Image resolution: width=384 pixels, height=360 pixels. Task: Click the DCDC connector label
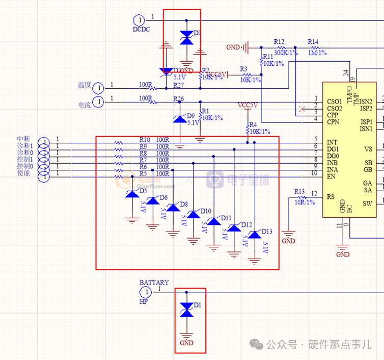[142, 30]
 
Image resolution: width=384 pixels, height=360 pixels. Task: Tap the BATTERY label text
[154, 282]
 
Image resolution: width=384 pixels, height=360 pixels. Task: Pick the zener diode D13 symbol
[254, 235]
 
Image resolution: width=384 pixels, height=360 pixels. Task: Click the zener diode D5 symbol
[132, 194]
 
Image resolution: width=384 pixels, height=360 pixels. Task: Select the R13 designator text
[299, 191]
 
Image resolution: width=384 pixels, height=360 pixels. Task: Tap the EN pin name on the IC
[331, 177]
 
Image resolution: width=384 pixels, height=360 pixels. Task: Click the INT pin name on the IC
[332, 142]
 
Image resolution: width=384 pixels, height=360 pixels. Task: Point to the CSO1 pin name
[335, 101]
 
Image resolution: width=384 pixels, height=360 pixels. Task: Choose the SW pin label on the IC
[367, 203]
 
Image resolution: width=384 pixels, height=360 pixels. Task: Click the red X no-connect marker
[302, 109]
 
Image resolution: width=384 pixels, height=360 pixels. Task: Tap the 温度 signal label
[84, 85]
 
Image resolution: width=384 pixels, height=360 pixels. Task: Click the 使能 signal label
[23, 173]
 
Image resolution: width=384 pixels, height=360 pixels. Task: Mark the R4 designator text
[253, 125]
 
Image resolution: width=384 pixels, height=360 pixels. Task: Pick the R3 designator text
[243, 69]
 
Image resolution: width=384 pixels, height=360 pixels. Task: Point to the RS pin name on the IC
[331, 196]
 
